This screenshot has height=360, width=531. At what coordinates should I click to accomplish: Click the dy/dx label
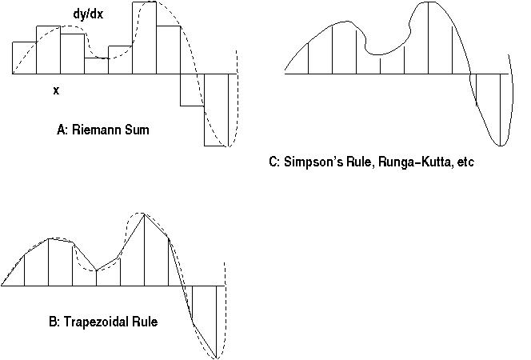88,14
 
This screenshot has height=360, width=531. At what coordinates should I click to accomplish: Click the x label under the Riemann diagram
56,90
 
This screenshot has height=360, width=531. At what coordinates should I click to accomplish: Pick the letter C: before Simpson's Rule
275,162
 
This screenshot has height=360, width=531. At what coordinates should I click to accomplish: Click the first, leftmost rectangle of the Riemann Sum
24,58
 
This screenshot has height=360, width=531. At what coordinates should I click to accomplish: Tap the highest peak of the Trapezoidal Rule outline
144,214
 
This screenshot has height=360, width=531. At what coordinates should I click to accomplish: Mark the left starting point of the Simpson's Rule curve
285,74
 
